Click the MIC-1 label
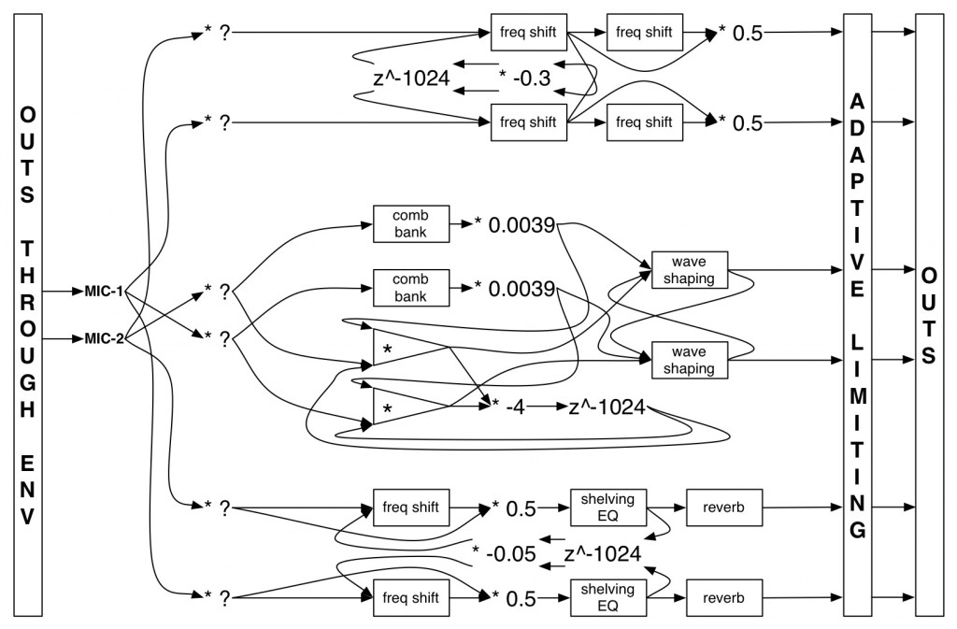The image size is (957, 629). point(104,293)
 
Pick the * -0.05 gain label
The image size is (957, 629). point(504,553)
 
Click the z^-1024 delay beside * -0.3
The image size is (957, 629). point(405,79)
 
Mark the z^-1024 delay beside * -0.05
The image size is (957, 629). point(602,553)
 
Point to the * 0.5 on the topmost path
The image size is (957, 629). point(740,34)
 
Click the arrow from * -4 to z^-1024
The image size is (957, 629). point(547,409)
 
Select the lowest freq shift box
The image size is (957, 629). point(411,595)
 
